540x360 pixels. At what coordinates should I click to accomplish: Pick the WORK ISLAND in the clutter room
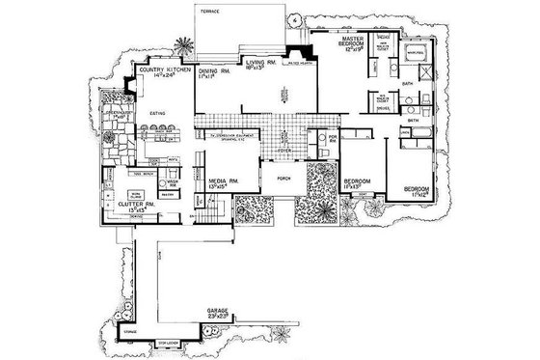tap(138, 194)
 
